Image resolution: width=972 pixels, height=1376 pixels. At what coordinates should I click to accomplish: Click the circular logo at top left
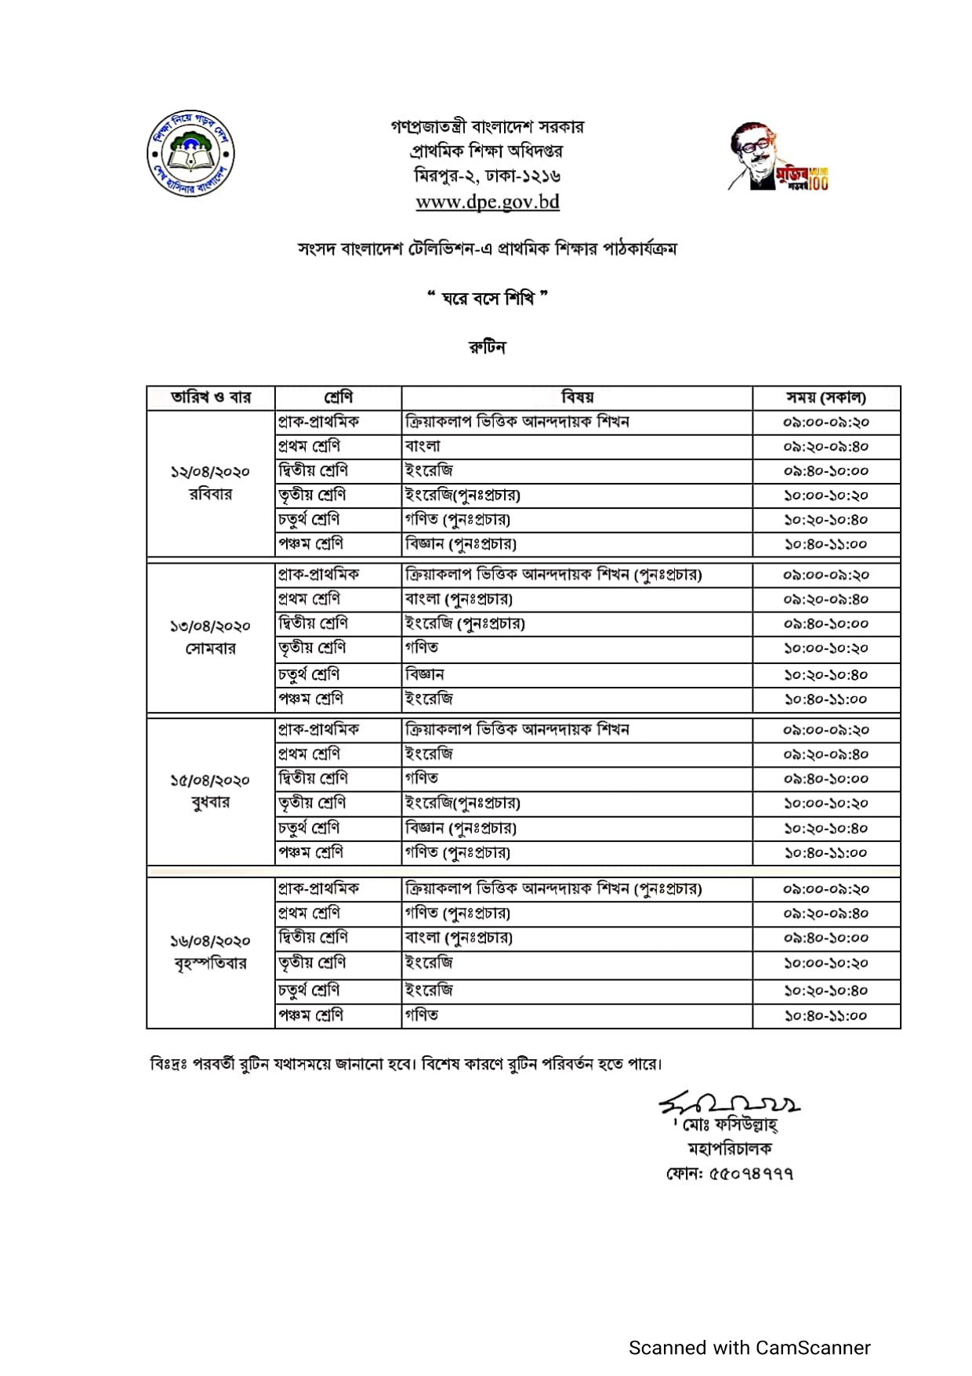click(x=190, y=154)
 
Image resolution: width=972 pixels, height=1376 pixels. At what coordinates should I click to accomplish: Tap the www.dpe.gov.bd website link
click(x=487, y=202)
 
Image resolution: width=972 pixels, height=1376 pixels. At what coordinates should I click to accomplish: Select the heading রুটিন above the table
click(x=487, y=347)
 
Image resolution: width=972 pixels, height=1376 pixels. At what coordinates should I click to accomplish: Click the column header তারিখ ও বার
click(x=210, y=398)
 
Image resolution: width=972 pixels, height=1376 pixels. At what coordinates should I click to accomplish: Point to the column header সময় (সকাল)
click(x=825, y=398)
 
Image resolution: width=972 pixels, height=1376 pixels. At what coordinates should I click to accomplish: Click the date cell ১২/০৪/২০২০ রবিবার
click(x=210, y=483)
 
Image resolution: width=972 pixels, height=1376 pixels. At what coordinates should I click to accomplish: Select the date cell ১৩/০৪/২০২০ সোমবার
click(x=210, y=637)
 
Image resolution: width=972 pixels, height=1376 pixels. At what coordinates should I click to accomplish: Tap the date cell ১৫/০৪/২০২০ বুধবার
click(x=210, y=791)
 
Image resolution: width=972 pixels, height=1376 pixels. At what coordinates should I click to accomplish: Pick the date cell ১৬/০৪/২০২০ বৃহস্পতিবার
click(x=210, y=952)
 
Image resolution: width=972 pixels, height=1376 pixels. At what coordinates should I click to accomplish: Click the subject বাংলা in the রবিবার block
click(x=423, y=446)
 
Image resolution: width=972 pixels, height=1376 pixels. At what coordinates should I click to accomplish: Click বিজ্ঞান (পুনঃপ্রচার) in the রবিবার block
click(x=461, y=544)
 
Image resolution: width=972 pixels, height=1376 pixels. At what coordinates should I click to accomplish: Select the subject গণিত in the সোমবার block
click(x=422, y=648)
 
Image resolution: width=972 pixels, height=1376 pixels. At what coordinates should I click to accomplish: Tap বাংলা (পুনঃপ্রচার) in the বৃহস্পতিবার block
click(x=459, y=938)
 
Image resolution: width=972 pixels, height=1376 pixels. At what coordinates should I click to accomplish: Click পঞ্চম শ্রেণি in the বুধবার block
click(x=310, y=852)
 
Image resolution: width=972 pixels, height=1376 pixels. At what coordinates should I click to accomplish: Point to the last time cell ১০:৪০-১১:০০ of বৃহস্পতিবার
click(x=825, y=1015)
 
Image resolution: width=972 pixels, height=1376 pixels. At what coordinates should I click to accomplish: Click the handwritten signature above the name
click(x=729, y=1105)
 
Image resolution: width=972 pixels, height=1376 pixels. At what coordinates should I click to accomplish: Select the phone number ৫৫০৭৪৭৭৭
click(x=751, y=1174)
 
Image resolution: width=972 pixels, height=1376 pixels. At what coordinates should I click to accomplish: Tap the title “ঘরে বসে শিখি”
click(x=487, y=299)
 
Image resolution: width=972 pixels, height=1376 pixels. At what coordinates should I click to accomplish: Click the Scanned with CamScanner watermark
click(x=749, y=1348)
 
